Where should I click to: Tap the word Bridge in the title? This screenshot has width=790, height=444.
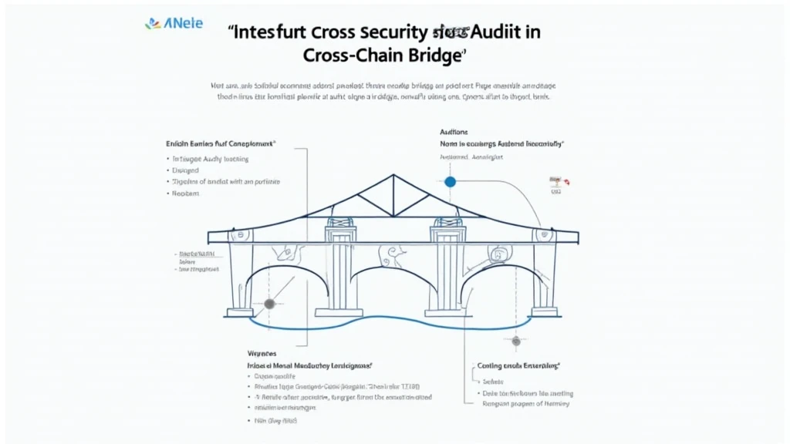434,55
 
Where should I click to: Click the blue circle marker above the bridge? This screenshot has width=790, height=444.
450,182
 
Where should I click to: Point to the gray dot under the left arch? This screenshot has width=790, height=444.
269,304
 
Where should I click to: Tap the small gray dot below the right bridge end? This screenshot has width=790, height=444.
515,341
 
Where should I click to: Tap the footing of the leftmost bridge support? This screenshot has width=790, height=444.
239,312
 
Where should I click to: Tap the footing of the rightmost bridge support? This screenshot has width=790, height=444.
544,311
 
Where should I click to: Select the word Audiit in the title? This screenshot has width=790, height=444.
505,32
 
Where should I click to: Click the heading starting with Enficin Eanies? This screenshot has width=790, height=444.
221,143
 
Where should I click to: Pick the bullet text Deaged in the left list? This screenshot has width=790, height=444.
186,170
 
